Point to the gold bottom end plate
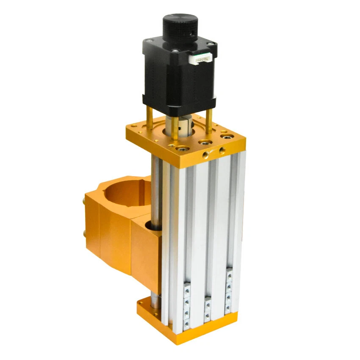[186, 324]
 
